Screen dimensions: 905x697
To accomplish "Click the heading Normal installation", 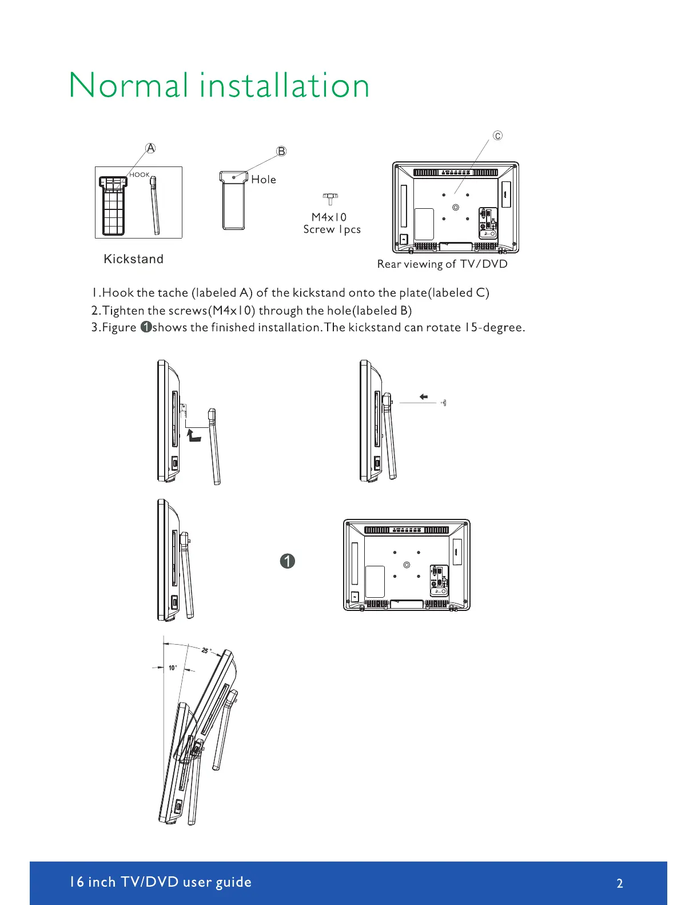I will (219, 86).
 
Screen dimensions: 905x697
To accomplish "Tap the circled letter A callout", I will (150, 148).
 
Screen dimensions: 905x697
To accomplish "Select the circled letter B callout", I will (281, 152).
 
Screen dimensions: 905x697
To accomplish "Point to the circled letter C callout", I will (498, 136).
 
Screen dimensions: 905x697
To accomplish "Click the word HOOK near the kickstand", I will (140, 175).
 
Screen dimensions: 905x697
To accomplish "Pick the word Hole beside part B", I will (264, 180).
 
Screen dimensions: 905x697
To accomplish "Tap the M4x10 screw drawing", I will (330, 199).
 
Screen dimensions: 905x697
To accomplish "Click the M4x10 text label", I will (329, 217).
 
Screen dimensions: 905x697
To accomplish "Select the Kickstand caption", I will (133, 259).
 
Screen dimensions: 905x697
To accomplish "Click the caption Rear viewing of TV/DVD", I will (442, 264).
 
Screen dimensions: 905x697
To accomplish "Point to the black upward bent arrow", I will (194, 436).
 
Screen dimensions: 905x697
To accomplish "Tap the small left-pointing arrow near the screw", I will (423, 396).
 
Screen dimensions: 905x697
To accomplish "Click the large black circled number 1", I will (288, 561).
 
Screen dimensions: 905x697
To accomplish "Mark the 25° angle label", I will (206, 650).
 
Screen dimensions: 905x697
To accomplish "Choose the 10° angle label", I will (173, 668).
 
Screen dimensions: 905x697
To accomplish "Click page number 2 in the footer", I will (620, 883).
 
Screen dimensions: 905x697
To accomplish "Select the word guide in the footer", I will (233, 882).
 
